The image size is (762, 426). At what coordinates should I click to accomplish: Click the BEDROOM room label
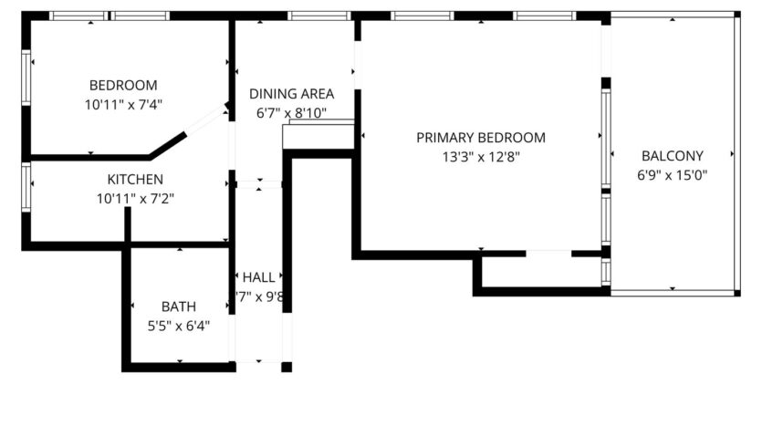pyautogui.click(x=121, y=84)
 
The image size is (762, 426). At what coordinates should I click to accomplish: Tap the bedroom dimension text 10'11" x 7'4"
pyautogui.click(x=122, y=105)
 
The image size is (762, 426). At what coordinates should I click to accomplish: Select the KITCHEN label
pyautogui.click(x=135, y=179)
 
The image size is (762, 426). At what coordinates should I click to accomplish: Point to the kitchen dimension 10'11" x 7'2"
pyautogui.click(x=135, y=198)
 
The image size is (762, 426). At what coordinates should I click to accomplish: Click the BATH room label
pyautogui.click(x=178, y=307)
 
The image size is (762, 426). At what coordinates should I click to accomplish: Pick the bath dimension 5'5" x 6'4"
pyautogui.click(x=179, y=326)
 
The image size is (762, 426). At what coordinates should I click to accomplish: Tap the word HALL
pyautogui.click(x=258, y=277)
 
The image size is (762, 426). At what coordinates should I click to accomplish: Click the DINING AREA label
pyautogui.click(x=291, y=93)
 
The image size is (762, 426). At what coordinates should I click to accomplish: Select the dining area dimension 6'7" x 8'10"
pyautogui.click(x=291, y=113)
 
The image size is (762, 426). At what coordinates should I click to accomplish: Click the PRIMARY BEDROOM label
pyautogui.click(x=480, y=138)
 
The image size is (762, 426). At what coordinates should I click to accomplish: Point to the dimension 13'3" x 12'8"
pyautogui.click(x=480, y=156)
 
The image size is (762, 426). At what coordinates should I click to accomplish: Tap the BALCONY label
pyautogui.click(x=673, y=155)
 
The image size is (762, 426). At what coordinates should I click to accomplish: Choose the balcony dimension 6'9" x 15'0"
pyautogui.click(x=673, y=174)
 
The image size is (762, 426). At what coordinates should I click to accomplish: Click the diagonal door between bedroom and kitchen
pyautogui.click(x=205, y=121)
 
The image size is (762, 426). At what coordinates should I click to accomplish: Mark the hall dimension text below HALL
pyautogui.click(x=261, y=296)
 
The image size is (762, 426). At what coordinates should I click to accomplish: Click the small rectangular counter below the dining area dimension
pyautogui.click(x=319, y=137)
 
